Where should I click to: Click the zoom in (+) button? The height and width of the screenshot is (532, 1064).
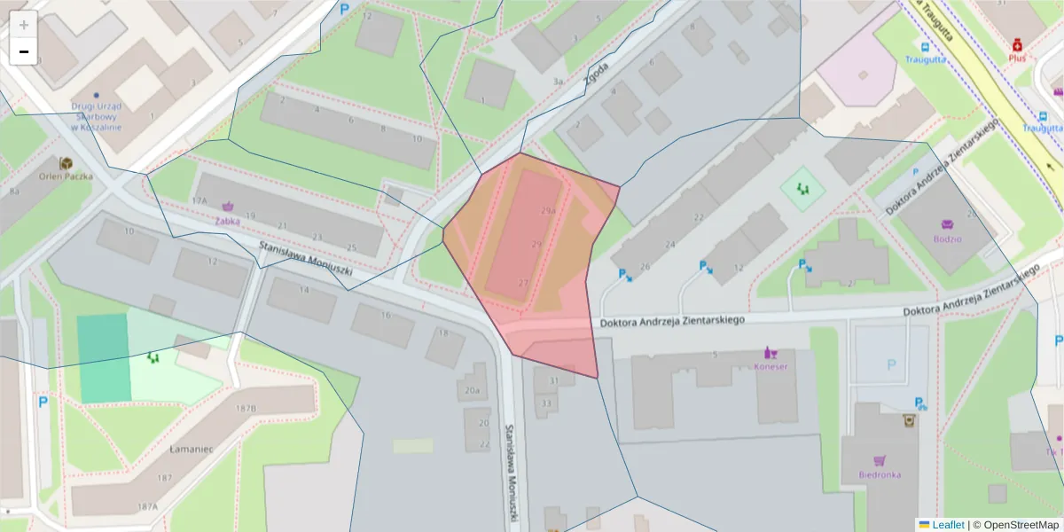point(24,25)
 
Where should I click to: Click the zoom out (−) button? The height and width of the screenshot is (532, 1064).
point(24,51)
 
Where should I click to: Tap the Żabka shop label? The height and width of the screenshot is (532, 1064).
point(227,222)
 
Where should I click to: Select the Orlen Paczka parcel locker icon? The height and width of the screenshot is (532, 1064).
point(66,163)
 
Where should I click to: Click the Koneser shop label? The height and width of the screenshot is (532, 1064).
point(771,365)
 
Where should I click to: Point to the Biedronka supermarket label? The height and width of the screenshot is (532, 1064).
point(879,474)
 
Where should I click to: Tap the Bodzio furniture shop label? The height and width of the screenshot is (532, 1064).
point(947,238)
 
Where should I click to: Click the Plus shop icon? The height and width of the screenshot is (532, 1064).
point(1017,43)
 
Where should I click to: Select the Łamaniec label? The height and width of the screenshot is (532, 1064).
point(191,449)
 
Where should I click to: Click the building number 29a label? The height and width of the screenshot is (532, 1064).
point(548,211)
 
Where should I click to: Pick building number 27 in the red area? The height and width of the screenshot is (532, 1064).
point(523,283)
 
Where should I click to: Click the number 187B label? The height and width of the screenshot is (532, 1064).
point(246,408)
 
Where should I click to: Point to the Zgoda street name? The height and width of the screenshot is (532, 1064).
point(597,77)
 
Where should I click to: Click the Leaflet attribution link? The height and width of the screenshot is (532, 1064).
point(948,525)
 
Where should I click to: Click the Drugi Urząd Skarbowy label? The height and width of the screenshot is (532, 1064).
point(97,116)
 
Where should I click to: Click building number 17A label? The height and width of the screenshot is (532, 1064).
point(199,201)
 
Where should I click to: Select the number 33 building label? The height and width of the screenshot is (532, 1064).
point(546,403)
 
